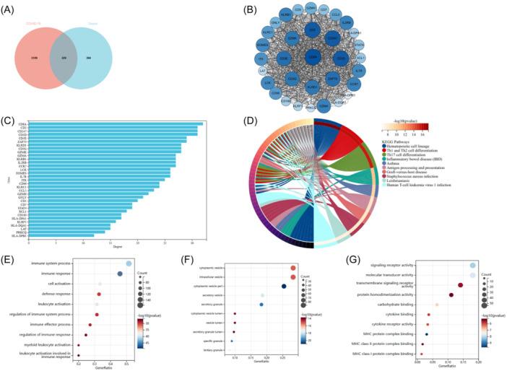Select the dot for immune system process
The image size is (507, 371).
tap(129, 264)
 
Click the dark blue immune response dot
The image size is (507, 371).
tap(120, 274)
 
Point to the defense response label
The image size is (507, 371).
tap(58, 294)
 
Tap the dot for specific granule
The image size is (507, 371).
tap(232, 340)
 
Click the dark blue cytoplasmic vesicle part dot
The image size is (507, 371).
tap(284, 287)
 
